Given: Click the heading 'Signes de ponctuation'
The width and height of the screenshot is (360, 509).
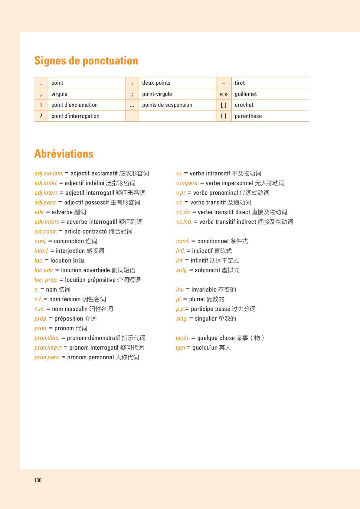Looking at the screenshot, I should tap(86, 60).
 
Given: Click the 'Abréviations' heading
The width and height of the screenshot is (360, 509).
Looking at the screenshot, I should tap(64, 154).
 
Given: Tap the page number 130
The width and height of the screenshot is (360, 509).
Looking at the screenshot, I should tap(38, 480).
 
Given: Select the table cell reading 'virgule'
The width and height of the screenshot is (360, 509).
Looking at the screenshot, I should tap(59, 94).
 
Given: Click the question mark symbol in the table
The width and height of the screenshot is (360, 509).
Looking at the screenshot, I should tap(41, 116).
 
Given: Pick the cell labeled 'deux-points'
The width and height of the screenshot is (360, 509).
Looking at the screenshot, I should tap(156, 83).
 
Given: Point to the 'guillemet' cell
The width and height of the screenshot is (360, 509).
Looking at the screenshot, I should tap(246, 94).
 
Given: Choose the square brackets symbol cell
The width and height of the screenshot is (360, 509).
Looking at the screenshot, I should tap(224, 105).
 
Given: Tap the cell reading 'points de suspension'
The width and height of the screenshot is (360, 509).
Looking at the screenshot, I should tap(167, 105).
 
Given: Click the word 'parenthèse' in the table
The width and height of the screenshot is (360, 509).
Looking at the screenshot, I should tap(248, 116).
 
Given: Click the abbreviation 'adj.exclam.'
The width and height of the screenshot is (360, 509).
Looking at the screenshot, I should tap(49, 174).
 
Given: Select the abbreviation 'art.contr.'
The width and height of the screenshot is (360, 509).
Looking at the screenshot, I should tap(46, 232).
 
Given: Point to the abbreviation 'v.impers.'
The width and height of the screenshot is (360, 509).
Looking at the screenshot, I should tap(187, 183).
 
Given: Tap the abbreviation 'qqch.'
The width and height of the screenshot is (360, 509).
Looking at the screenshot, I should tap(183, 338).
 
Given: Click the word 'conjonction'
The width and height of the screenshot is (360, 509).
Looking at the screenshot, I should tap(69, 241).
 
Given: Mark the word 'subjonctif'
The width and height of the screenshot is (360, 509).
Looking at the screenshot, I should tap(207, 270).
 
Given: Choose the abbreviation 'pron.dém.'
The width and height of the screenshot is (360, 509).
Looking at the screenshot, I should tap(47, 338).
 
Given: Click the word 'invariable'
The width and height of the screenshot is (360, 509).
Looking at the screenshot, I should tap(204, 290).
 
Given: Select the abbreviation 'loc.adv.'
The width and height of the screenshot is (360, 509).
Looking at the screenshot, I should tap(44, 270).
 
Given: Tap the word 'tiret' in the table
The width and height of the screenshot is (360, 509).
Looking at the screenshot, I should tap(240, 83).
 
